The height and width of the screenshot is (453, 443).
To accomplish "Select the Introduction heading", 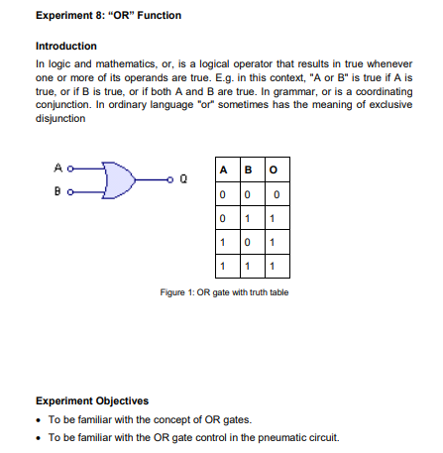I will [65, 47].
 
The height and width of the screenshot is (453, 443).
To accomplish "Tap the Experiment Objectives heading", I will [92, 400].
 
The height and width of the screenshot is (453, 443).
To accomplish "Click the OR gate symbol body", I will [117, 179].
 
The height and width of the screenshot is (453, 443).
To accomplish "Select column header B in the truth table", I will [250, 170].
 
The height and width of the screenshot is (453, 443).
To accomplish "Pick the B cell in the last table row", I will [250, 266].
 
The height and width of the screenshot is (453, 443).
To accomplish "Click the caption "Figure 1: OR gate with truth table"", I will [224, 291].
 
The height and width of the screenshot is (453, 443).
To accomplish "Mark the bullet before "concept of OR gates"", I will [38, 419].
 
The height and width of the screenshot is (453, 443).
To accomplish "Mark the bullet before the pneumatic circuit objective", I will [38, 437].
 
